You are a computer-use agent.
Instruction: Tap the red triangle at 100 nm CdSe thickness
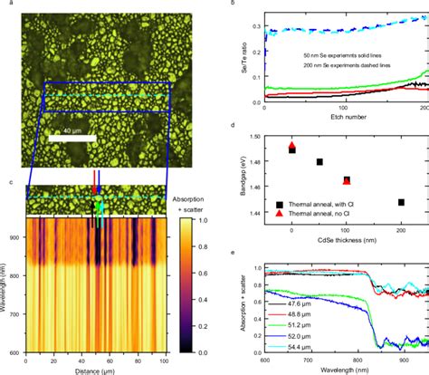[x=347, y=181]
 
